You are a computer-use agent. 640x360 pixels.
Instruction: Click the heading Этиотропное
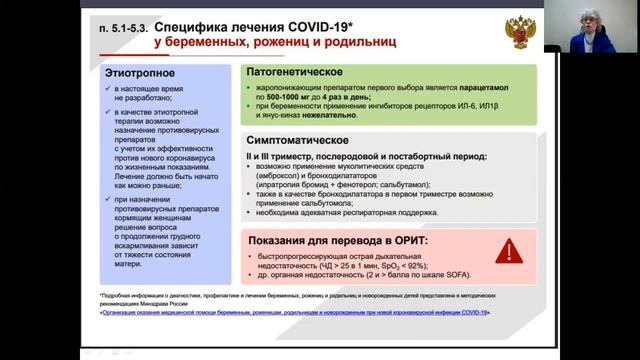pos(142,74)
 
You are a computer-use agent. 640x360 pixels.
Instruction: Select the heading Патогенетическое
pos(298,74)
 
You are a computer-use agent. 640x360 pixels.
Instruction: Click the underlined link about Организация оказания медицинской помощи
pos(296,313)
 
